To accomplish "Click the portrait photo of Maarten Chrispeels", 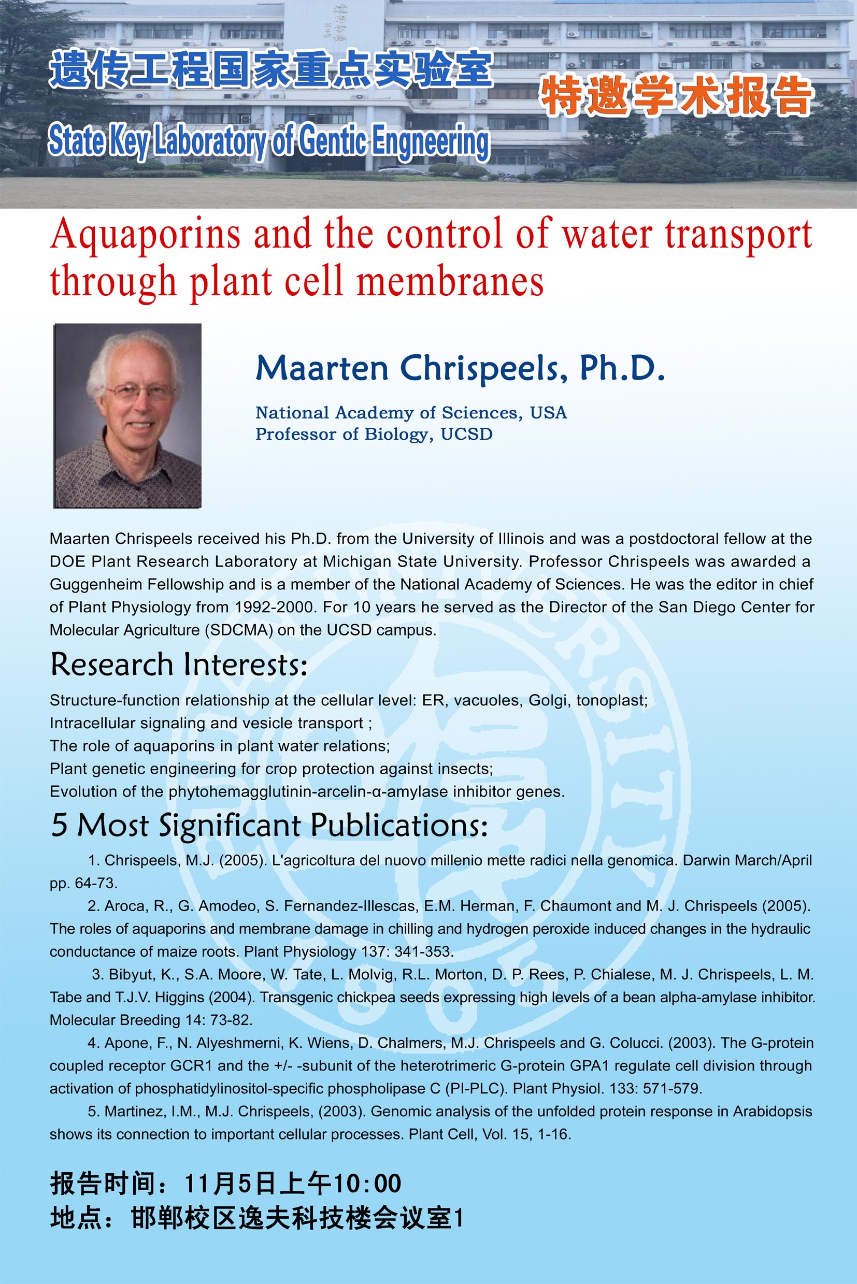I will point(127,416).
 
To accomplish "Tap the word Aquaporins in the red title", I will point(146,235).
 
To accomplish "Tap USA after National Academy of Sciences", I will point(548,412).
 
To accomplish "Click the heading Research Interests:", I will point(179,665).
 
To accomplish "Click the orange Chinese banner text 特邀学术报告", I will point(676,96).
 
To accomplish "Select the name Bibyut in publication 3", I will point(131,974).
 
